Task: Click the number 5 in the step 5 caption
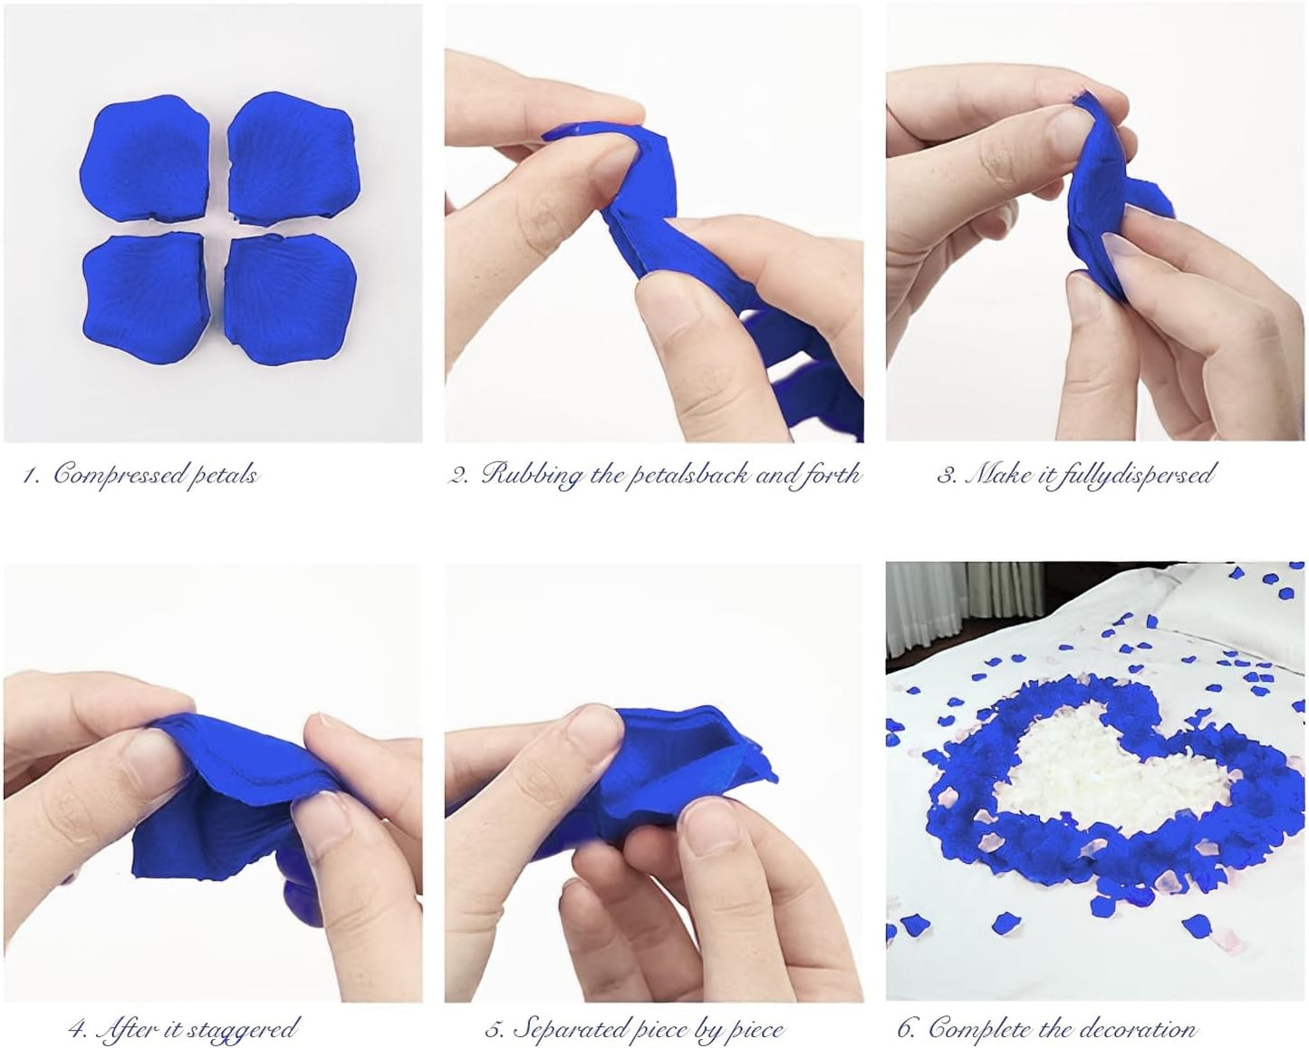click(494, 1030)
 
